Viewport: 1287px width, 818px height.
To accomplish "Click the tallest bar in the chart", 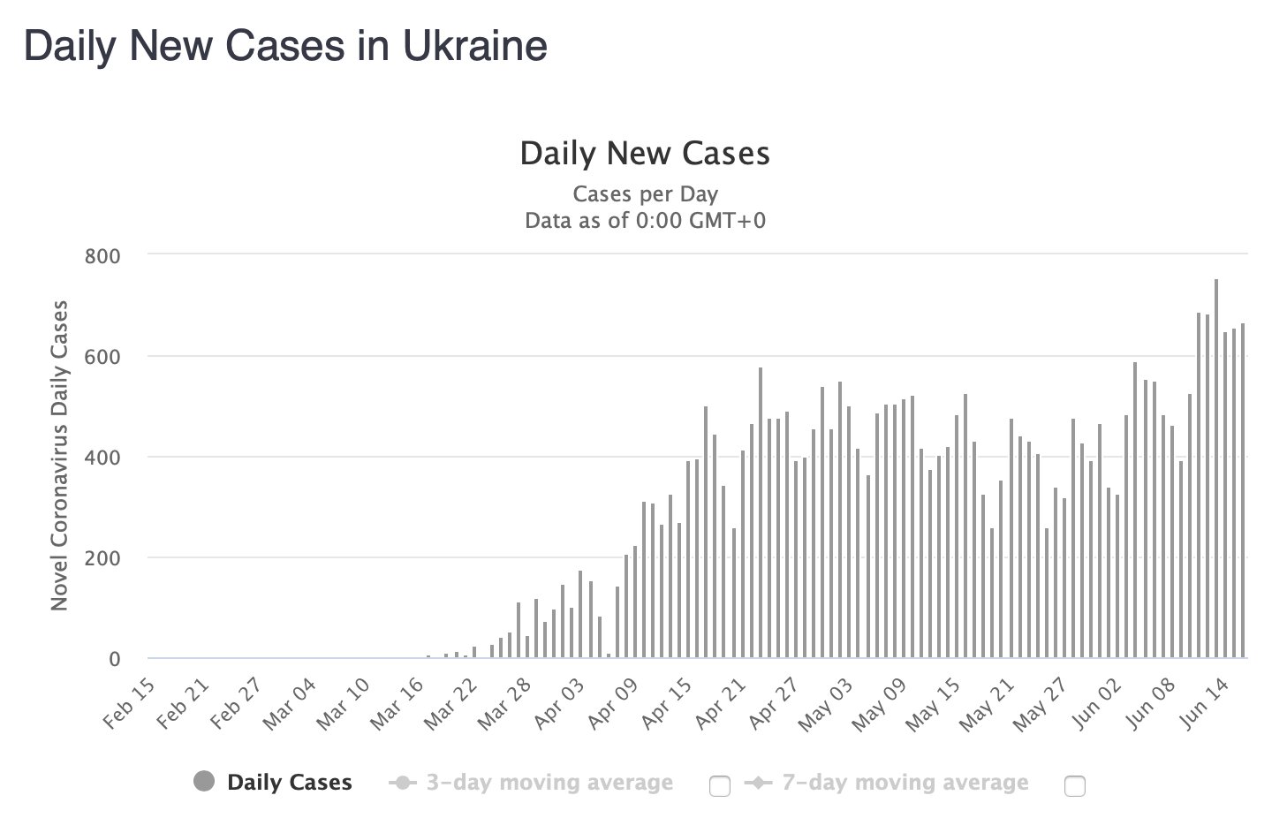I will [1216, 468].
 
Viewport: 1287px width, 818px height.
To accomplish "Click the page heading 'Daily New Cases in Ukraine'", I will [285, 46].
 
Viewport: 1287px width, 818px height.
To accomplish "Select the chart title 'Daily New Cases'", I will [645, 154].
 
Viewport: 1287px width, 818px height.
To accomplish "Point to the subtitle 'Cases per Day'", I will [645, 194].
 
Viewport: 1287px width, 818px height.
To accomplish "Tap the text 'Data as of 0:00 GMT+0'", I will [645, 220].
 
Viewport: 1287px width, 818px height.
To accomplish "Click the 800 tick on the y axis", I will [102, 255].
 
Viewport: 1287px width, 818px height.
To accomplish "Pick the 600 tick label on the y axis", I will [102, 356].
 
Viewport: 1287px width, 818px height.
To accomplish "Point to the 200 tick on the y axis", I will [102, 558].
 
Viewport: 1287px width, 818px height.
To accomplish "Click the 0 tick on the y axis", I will [114, 659].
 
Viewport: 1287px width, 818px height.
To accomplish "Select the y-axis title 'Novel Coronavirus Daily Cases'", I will [60, 456].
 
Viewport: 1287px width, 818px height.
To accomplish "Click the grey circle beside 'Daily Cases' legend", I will [204, 782].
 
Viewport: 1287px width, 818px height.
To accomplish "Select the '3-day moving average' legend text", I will [549, 783].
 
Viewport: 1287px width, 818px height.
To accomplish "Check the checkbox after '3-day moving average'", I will [720, 785].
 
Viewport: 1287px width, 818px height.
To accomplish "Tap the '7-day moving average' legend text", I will [905, 783].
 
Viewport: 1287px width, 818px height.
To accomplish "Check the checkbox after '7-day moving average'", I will [1075, 785].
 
